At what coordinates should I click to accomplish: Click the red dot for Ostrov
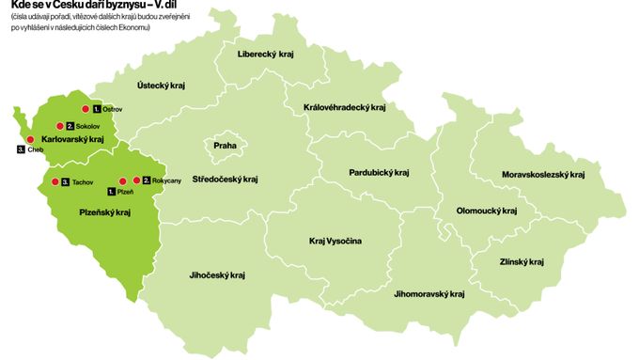86,109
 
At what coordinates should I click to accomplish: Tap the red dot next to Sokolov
60,125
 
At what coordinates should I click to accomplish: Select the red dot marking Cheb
31,139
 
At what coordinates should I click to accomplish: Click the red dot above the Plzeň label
122,180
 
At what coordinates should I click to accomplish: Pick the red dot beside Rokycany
137,180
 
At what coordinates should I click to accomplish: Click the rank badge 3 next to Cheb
21,149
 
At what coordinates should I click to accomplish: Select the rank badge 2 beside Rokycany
147,180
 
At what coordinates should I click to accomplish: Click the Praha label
226,146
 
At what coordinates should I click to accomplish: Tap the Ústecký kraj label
161,86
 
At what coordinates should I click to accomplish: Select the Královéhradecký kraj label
345,107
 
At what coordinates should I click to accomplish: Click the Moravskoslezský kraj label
543,174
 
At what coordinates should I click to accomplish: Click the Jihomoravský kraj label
429,294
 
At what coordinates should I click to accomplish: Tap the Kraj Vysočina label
335,241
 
